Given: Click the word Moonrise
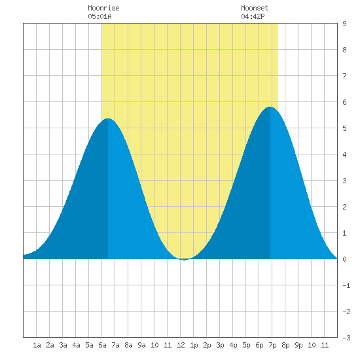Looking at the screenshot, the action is coord(103,9).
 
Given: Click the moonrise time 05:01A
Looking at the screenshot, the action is coord(99,16).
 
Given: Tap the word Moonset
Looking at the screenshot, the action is coord(255,9).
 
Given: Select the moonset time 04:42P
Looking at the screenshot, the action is coord(253,16).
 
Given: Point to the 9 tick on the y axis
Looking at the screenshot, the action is coord(344,24).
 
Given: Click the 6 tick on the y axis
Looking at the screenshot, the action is coord(344,102).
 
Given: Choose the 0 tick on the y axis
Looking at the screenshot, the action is coord(344,259).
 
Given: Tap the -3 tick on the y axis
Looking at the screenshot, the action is coord(346,338).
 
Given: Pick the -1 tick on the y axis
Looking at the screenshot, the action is coord(346,285).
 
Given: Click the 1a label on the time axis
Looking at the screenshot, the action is coord(37,345).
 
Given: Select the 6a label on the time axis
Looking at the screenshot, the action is coord(102,345).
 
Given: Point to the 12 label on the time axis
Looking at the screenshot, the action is coord(181,345).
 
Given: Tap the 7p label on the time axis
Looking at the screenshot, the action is coord(272,345).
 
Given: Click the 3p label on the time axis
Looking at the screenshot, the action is coord(220,345).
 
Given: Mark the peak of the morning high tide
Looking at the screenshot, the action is coord(108,118).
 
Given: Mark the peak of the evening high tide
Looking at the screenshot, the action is coord(270,107).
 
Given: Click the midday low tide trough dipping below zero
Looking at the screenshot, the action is coord(184,260).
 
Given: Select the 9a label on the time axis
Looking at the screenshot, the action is coord(141,345).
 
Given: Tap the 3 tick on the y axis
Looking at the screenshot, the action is coord(344,181).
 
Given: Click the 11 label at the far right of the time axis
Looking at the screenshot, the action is coord(325,345).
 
